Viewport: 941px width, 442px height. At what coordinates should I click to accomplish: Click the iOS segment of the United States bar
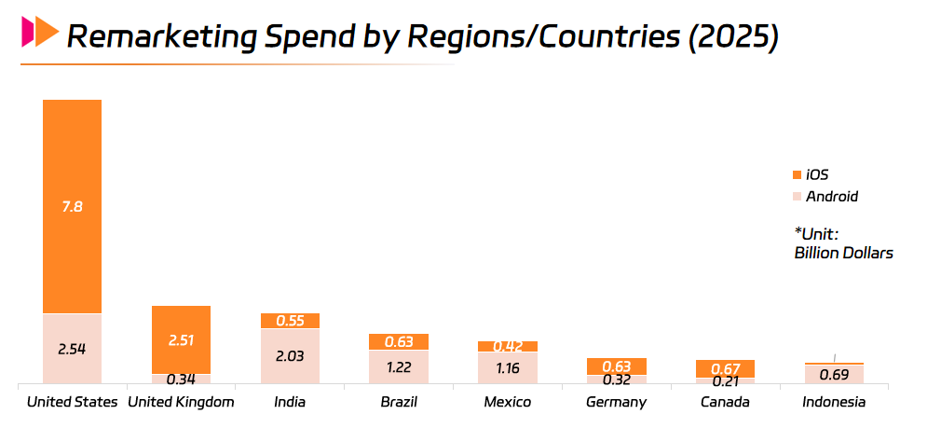click(x=72, y=206)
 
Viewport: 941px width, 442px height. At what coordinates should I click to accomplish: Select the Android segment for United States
click(x=72, y=349)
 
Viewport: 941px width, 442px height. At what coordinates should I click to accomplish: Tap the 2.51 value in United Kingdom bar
click(x=181, y=340)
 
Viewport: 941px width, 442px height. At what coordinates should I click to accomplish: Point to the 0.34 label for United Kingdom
click(x=181, y=379)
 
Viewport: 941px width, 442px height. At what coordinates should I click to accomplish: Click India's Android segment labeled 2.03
click(x=290, y=355)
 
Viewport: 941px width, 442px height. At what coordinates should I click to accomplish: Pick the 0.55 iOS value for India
click(x=290, y=321)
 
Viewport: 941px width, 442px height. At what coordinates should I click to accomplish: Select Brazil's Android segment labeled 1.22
click(x=398, y=366)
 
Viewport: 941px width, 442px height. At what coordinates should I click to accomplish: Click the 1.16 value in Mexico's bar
click(x=507, y=368)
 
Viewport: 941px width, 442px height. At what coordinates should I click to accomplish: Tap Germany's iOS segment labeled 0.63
click(x=616, y=366)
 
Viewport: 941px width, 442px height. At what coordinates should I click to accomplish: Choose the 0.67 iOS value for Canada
click(x=725, y=368)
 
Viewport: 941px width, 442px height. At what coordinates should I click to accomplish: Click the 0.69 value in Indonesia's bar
click(x=834, y=375)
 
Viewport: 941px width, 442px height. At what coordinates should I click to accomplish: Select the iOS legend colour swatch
click(x=796, y=174)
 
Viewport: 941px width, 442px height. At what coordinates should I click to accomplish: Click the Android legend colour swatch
click(x=796, y=197)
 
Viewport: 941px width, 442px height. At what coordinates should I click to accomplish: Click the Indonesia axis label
click(x=834, y=403)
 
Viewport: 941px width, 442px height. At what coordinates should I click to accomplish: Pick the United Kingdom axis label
click(x=181, y=403)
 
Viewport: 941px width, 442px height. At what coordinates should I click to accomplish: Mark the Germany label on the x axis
click(x=616, y=403)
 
